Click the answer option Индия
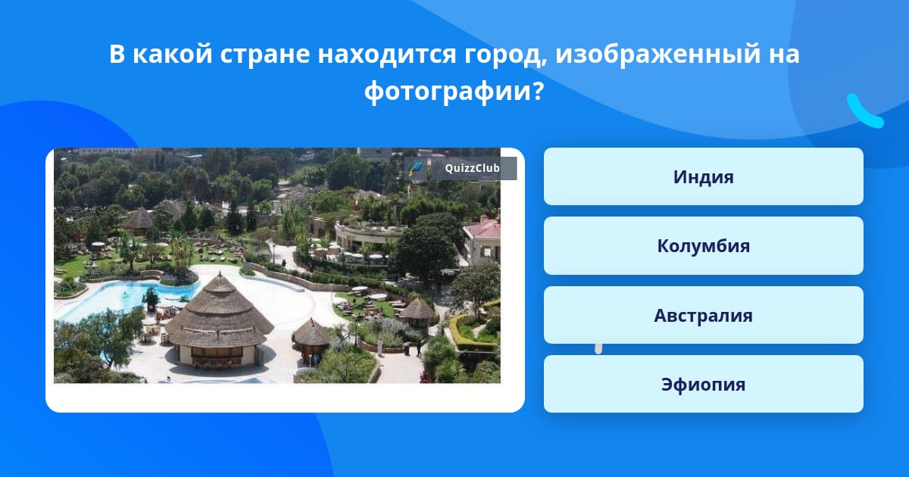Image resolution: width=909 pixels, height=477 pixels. (x=703, y=176)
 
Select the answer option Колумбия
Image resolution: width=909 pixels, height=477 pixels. (x=703, y=246)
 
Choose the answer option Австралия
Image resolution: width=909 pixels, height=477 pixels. (x=703, y=315)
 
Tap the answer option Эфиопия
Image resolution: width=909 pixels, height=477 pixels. (x=703, y=384)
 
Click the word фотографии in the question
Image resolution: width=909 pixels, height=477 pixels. (x=448, y=92)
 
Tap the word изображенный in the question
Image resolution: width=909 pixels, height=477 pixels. (x=658, y=55)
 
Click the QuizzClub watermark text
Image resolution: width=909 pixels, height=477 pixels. (x=472, y=168)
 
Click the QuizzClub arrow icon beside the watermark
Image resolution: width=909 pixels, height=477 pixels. (x=415, y=168)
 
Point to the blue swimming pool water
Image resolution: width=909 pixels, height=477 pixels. (x=122, y=298)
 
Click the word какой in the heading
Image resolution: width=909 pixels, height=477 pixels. (x=173, y=53)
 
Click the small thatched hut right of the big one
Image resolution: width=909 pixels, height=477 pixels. (x=311, y=338)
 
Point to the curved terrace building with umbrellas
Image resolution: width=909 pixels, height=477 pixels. (x=365, y=239)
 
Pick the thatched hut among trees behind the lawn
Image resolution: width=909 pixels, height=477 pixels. (x=139, y=220)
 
